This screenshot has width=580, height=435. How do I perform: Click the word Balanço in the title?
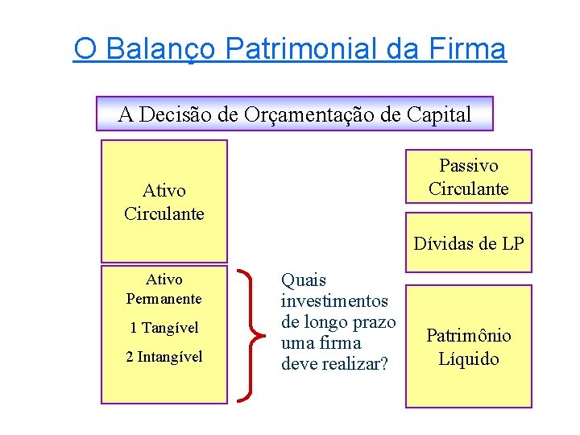(160, 49)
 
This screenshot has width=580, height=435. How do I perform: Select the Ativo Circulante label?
(164, 202)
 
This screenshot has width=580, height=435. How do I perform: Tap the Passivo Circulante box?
(469, 177)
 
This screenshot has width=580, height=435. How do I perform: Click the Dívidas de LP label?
(469, 243)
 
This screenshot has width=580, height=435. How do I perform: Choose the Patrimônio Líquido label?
(469, 347)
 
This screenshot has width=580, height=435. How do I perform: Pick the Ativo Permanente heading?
(164, 289)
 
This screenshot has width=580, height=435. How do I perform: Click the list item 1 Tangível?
(164, 328)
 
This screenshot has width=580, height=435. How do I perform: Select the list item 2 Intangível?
(164, 357)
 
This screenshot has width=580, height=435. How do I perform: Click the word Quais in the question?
(304, 280)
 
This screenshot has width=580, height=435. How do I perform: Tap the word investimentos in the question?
(334, 301)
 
